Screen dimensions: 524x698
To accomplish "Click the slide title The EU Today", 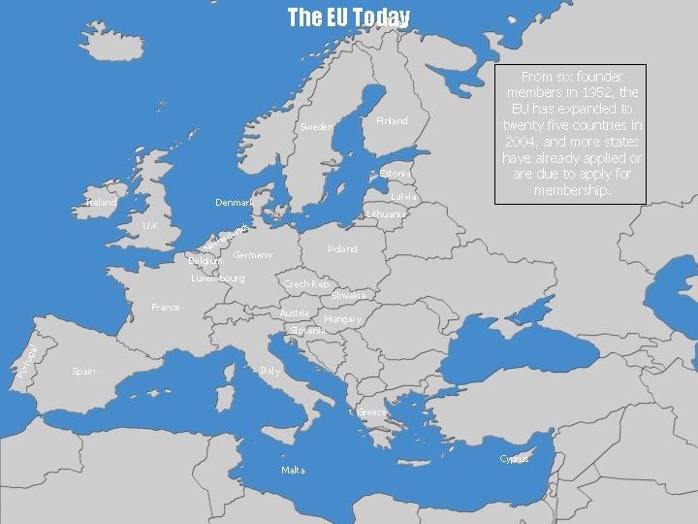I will [x=349, y=17].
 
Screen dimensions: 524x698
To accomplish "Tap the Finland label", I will [x=392, y=121].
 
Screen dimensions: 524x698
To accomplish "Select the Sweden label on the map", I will [x=317, y=127].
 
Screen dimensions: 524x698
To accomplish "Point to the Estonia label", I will [x=395, y=174].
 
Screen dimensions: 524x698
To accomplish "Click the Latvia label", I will [x=403, y=197].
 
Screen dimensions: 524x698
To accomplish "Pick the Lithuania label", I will [x=386, y=213].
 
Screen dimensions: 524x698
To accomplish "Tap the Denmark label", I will [x=235, y=203].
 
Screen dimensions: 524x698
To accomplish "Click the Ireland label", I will [x=101, y=204].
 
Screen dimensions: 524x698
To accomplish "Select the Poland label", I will [x=342, y=249].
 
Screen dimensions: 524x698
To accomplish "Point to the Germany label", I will [x=253, y=255].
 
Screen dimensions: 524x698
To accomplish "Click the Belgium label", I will [x=205, y=261].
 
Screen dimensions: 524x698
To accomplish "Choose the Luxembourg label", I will [x=218, y=278].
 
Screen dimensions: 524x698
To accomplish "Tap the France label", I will [x=166, y=308].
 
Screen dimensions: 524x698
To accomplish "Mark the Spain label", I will [x=84, y=372].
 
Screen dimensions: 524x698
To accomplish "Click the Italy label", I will [x=270, y=372].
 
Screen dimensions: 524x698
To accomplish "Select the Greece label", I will [x=371, y=412].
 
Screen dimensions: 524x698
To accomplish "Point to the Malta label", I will [x=293, y=471].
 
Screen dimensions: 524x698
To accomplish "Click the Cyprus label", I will [x=515, y=459].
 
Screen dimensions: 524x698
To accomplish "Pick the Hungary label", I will [x=342, y=319].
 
